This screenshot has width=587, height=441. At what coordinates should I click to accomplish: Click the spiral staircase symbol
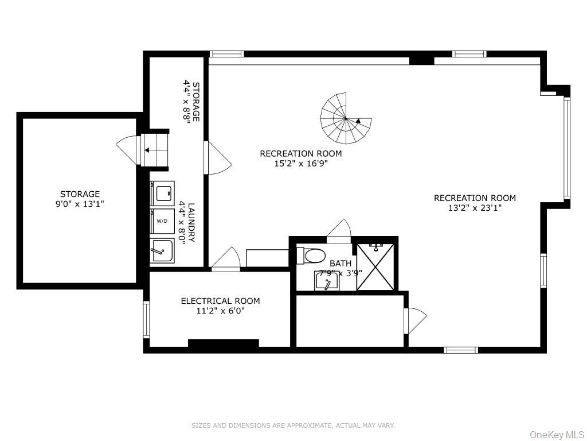click(346, 119)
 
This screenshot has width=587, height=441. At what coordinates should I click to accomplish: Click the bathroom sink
click(327, 281)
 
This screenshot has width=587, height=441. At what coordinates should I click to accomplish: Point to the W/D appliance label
click(162, 220)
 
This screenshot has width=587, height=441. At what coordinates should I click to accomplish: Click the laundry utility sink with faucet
click(162, 250)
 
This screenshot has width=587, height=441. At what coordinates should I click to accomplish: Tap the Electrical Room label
click(220, 301)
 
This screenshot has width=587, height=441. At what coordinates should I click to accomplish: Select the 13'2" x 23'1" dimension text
click(475, 208)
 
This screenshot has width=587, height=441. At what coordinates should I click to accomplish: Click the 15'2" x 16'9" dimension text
click(301, 163)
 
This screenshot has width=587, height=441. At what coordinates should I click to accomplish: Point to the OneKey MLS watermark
click(555, 435)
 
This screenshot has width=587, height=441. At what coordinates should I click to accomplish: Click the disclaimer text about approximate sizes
click(293, 425)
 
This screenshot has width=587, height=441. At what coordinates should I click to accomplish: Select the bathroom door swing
click(339, 228)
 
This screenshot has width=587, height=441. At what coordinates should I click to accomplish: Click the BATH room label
click(341, 264)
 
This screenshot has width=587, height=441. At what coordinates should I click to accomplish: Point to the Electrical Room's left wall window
click(146, 319)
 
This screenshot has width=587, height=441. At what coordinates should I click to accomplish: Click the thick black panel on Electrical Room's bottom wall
click(223, 343)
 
